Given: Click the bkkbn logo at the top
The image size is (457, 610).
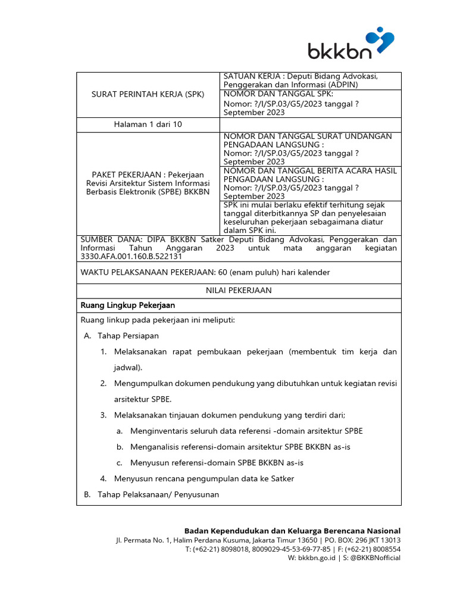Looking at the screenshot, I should tap(350, 44).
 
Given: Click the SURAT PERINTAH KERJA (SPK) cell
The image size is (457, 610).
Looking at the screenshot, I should tap(148, 94).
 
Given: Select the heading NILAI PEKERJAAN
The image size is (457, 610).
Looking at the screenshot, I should tap(238, 290).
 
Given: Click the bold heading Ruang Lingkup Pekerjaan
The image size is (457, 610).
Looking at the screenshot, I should tap(127, 305).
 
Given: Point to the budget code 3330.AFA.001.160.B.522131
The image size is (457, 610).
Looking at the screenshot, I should tap(131, 256).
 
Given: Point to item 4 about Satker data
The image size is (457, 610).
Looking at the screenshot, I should tap(196, 478).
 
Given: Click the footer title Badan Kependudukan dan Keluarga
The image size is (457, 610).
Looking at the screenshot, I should tap(292, 531).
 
